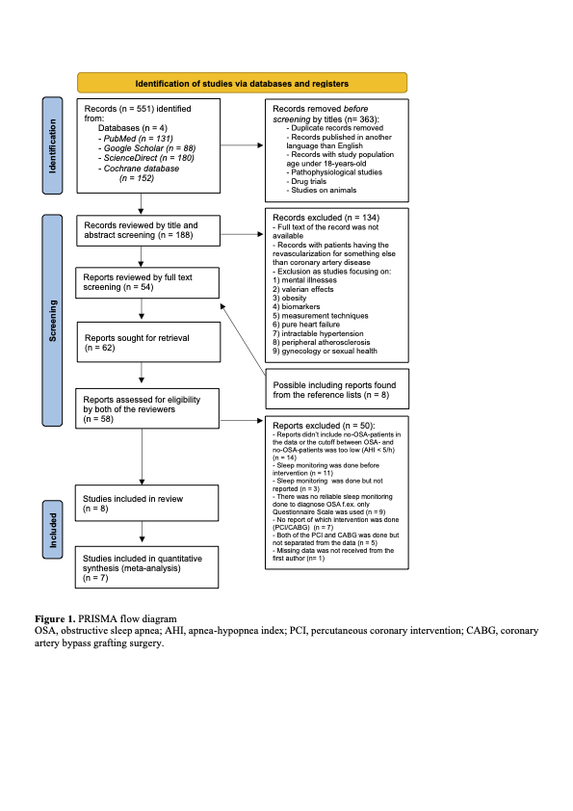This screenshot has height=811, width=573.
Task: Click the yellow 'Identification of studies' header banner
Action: point(242,83)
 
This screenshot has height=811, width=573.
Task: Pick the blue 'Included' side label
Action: point(54,530)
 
